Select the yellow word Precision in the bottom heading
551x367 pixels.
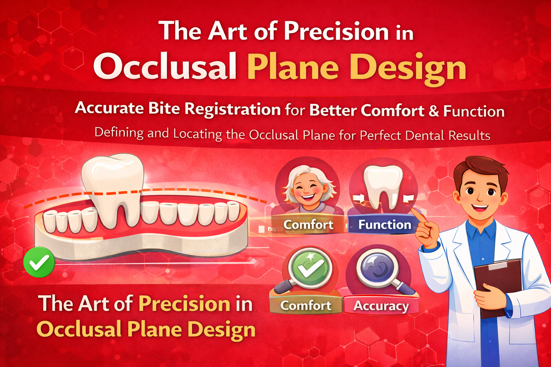(184, 304)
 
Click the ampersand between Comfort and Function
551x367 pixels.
(434, 111)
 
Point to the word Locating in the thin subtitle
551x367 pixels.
(198, 134)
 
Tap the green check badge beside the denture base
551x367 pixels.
(39, 262)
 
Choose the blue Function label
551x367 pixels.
(385, 225)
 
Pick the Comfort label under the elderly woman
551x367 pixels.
(308, 225)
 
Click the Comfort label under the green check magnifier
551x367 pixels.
(306, 306)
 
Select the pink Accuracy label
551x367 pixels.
(381, 306)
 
